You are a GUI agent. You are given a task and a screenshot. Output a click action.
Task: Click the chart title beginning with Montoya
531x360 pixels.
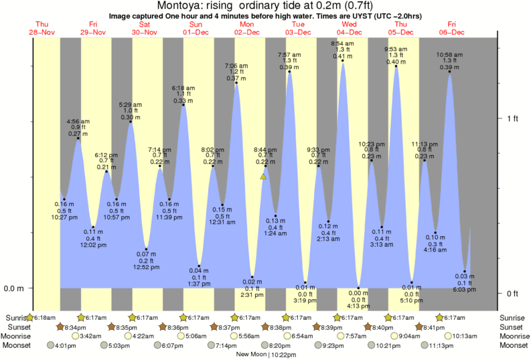(x=265, y=6)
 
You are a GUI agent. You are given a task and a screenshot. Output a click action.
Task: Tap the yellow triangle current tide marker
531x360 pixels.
(x=264, y=177)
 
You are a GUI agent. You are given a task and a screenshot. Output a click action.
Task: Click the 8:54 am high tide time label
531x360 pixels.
(x=342, y=43)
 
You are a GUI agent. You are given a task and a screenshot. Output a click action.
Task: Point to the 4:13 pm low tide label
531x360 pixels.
(x=358, y=306)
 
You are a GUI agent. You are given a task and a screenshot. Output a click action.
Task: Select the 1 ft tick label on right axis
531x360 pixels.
(x=513, y=118)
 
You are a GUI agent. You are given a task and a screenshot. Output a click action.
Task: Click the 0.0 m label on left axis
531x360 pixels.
(x=15, y=288)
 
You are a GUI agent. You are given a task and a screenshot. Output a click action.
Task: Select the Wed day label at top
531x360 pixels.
(x=349, y=24)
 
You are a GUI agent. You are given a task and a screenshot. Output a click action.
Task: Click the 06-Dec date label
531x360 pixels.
(x=452, y=32)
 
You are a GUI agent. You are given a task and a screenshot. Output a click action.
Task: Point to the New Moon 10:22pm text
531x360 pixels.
(x=265, y=355)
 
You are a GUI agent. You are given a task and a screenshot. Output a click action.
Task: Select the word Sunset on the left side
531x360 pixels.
(x=17, y=327)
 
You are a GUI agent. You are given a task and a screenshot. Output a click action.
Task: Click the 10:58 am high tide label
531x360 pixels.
(x=449, y=54)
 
